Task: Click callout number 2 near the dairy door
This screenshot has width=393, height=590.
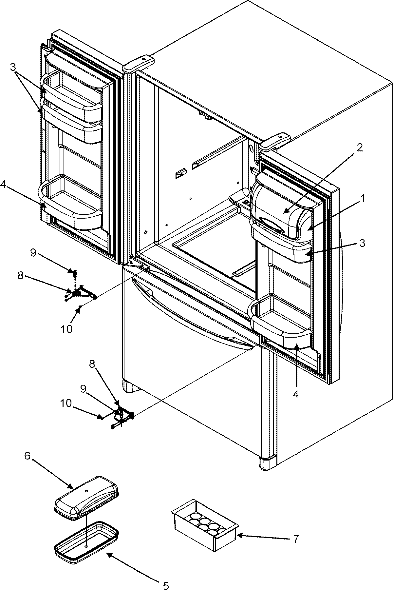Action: pos(359,148)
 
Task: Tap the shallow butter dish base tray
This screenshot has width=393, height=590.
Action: pos(86,539)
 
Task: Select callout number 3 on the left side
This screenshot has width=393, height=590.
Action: pos(13,67)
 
